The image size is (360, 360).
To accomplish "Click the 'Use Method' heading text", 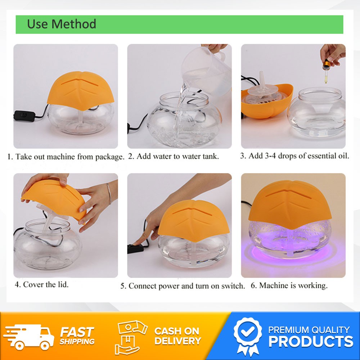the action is tap(62, 24).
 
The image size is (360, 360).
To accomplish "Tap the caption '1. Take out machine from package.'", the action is tap(66, 157).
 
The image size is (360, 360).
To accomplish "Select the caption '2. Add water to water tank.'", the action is tap(174, 156).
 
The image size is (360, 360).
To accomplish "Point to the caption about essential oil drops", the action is tap(294, 156).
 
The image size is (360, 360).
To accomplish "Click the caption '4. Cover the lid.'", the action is tap(41, 284).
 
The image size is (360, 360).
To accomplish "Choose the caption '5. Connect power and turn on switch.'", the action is tap(183, 286).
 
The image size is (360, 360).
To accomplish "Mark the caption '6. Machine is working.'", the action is tap(289, 285).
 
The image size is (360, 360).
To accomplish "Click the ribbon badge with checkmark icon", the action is tap(248, 336).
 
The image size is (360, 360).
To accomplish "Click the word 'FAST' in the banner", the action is tap(77, 332).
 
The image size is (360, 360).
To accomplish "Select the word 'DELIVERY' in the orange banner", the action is tap(178, 341).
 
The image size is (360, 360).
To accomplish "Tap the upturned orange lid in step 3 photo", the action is tap(267, 101).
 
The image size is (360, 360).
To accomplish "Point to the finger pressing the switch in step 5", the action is tap(139, 241).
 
